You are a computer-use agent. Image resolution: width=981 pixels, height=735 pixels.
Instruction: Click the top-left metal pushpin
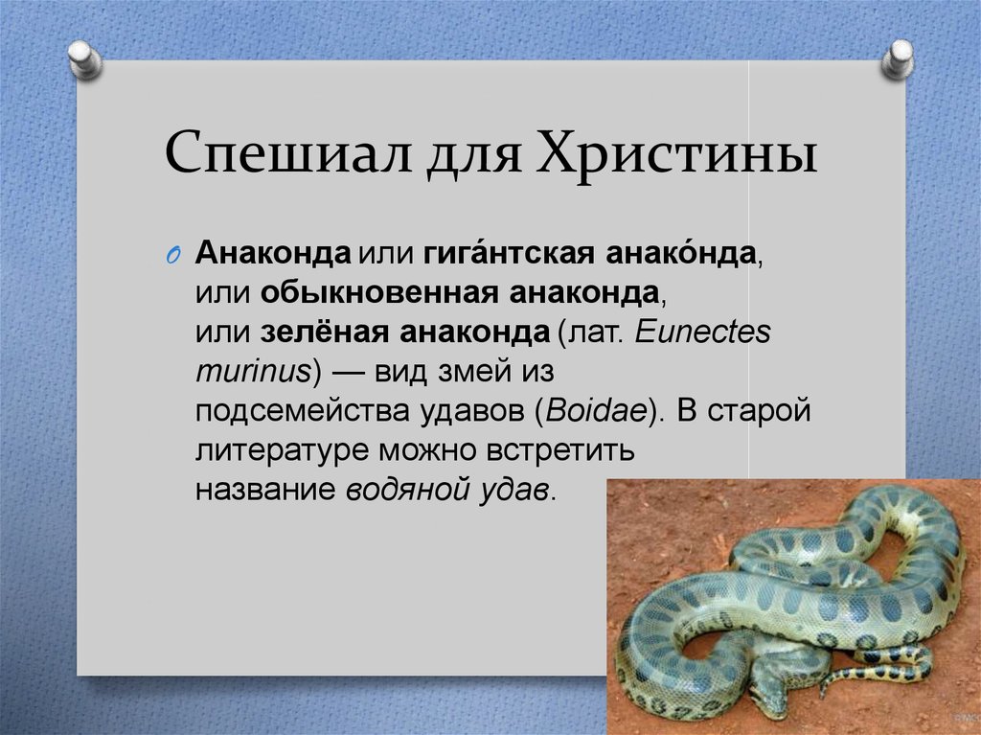[x=85, y=60]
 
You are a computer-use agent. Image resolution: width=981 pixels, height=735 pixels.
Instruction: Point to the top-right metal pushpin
[x=897, y=60]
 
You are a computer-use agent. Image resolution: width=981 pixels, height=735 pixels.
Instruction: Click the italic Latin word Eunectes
[x=703, y=332]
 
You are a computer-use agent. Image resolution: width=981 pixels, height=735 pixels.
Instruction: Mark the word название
[x=267, y=488]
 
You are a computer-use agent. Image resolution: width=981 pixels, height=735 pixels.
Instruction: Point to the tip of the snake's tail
[x=821, y=690]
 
